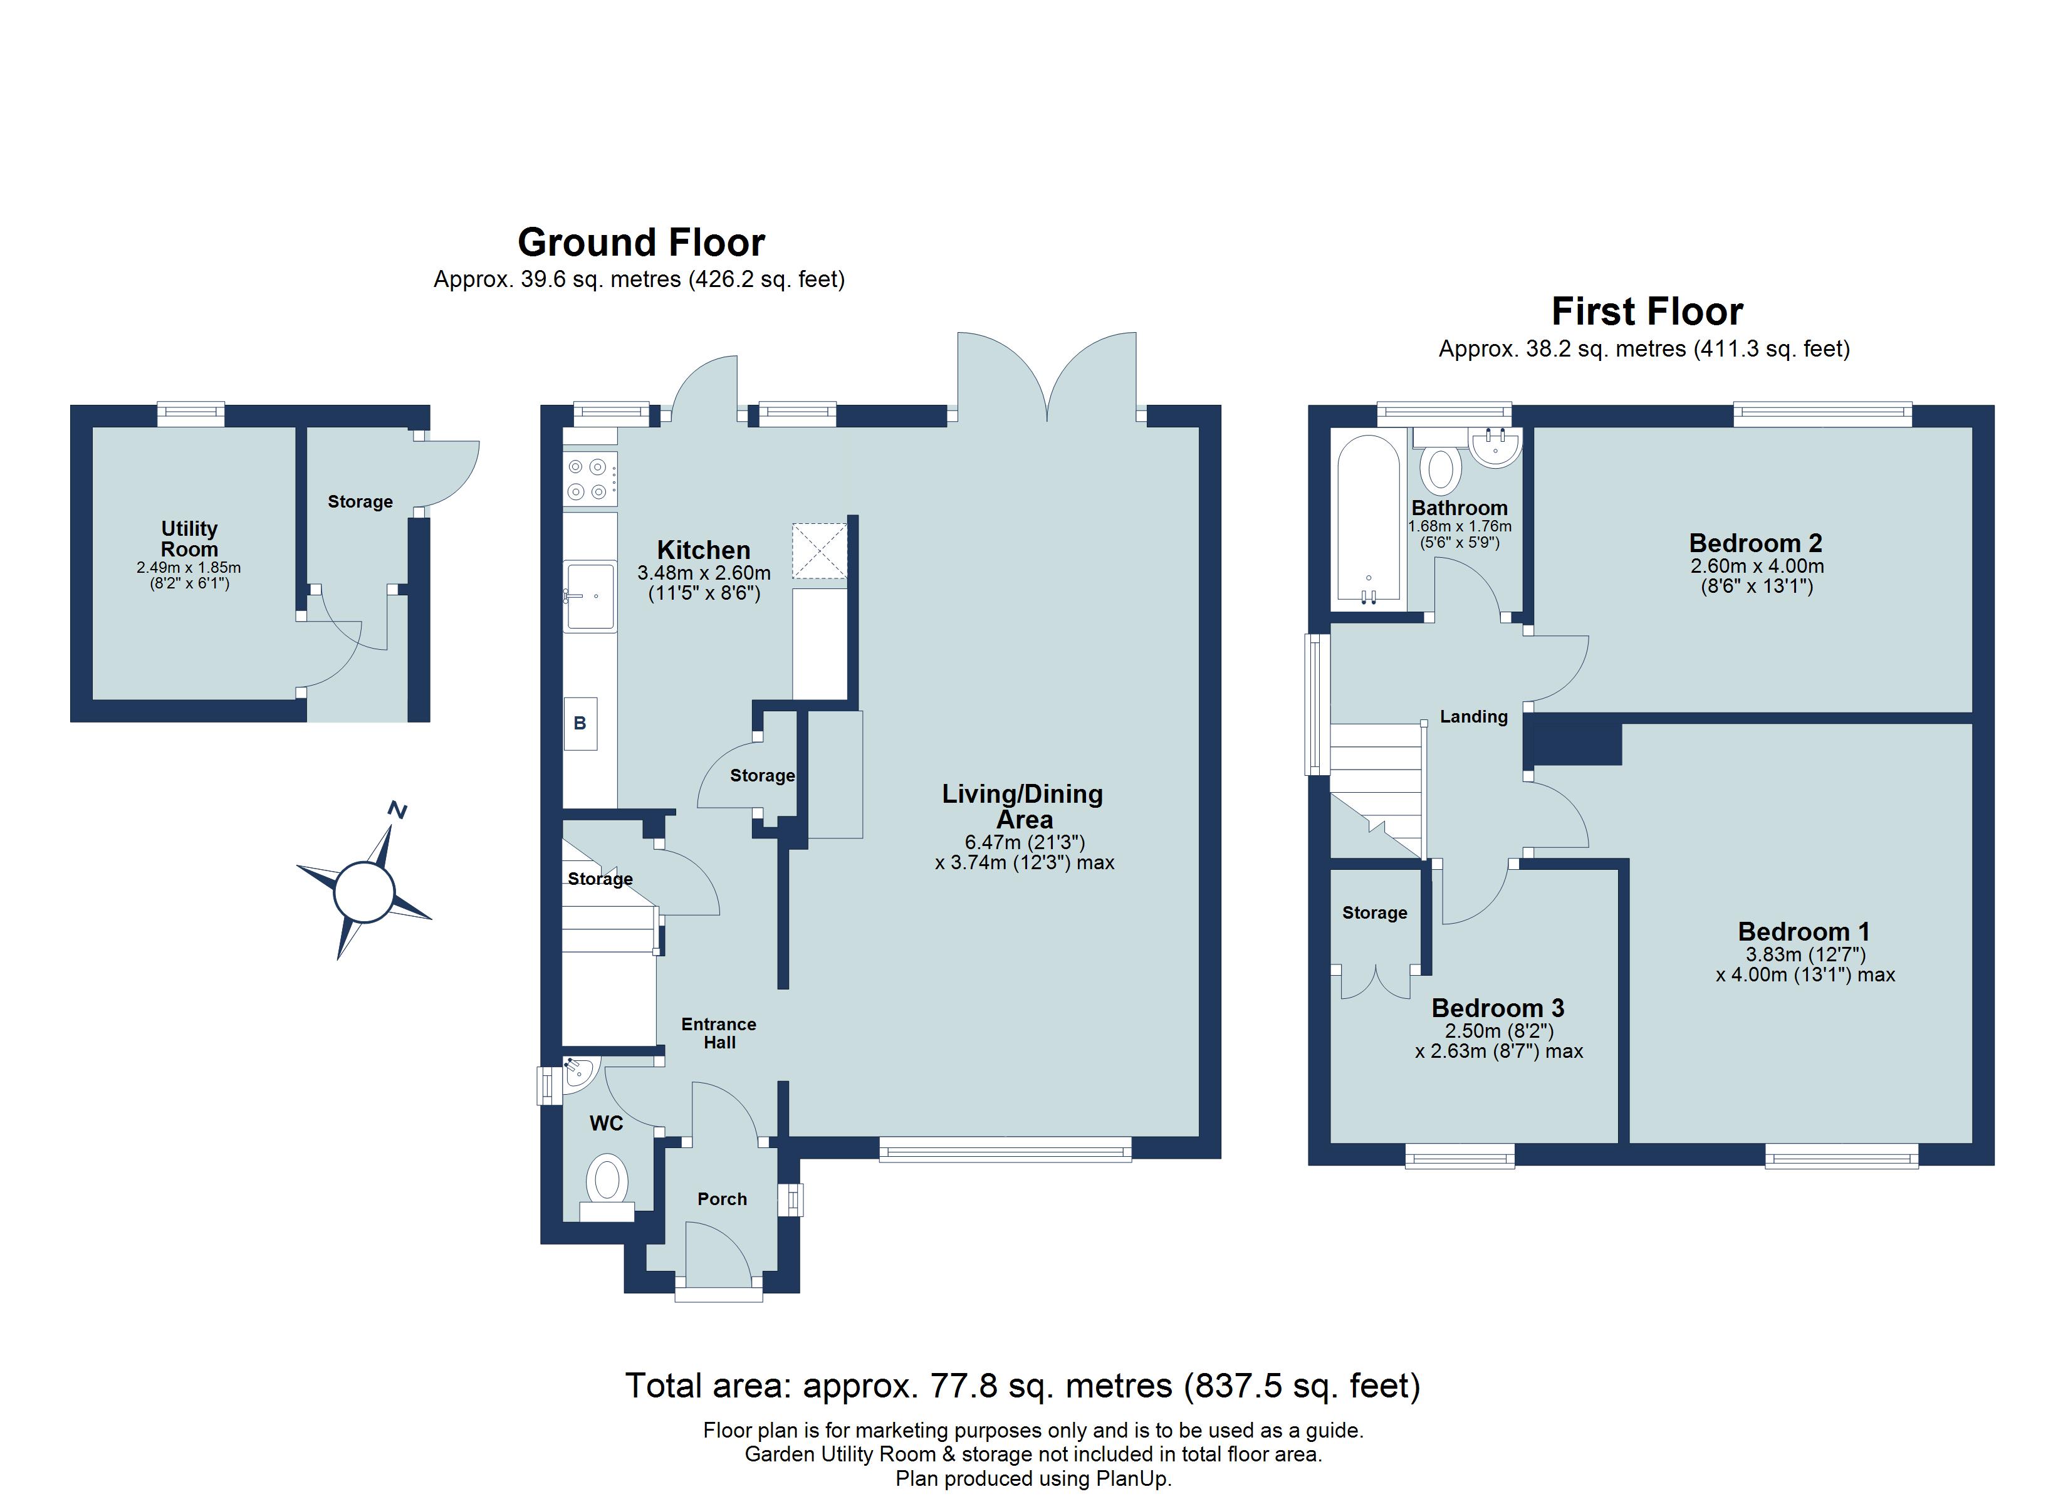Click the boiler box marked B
tap(580, 723)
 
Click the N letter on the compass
tap(397, 809)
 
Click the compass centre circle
tap(364, 891)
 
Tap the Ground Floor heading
tap(641, 243)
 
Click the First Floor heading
tap(1647, 312)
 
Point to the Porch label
tap(721, 1198)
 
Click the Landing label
tap(1473, 717)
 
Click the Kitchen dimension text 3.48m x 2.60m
tap(703, 573)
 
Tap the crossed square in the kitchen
tap(819, 550)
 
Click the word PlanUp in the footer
tap(1131, 1478)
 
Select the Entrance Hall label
tap(719, 1033)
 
